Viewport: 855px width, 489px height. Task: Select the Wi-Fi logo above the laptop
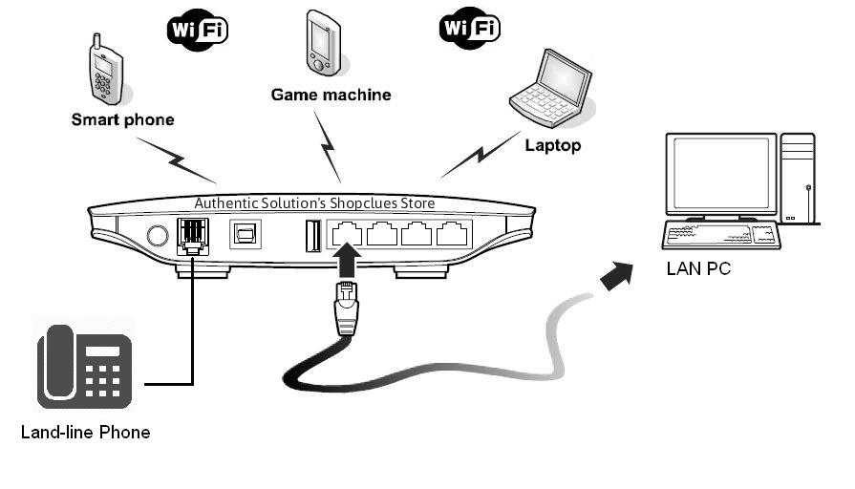tap(469, 28)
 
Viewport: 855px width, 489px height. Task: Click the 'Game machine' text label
tap(331, 95)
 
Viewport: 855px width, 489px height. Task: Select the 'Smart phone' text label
tap(122, 120)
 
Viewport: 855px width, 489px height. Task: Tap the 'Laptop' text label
tap(552, 146)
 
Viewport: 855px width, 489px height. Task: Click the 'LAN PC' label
tap(698, 269)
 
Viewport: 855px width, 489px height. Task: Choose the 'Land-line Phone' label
tap(85, 433)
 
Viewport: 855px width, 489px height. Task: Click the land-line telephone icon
tap(84, 368)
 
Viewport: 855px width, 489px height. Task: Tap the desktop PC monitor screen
tap(719, 177)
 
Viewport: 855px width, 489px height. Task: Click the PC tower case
tap(797, 178)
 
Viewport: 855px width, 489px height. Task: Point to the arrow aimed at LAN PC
tap(620, 276)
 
